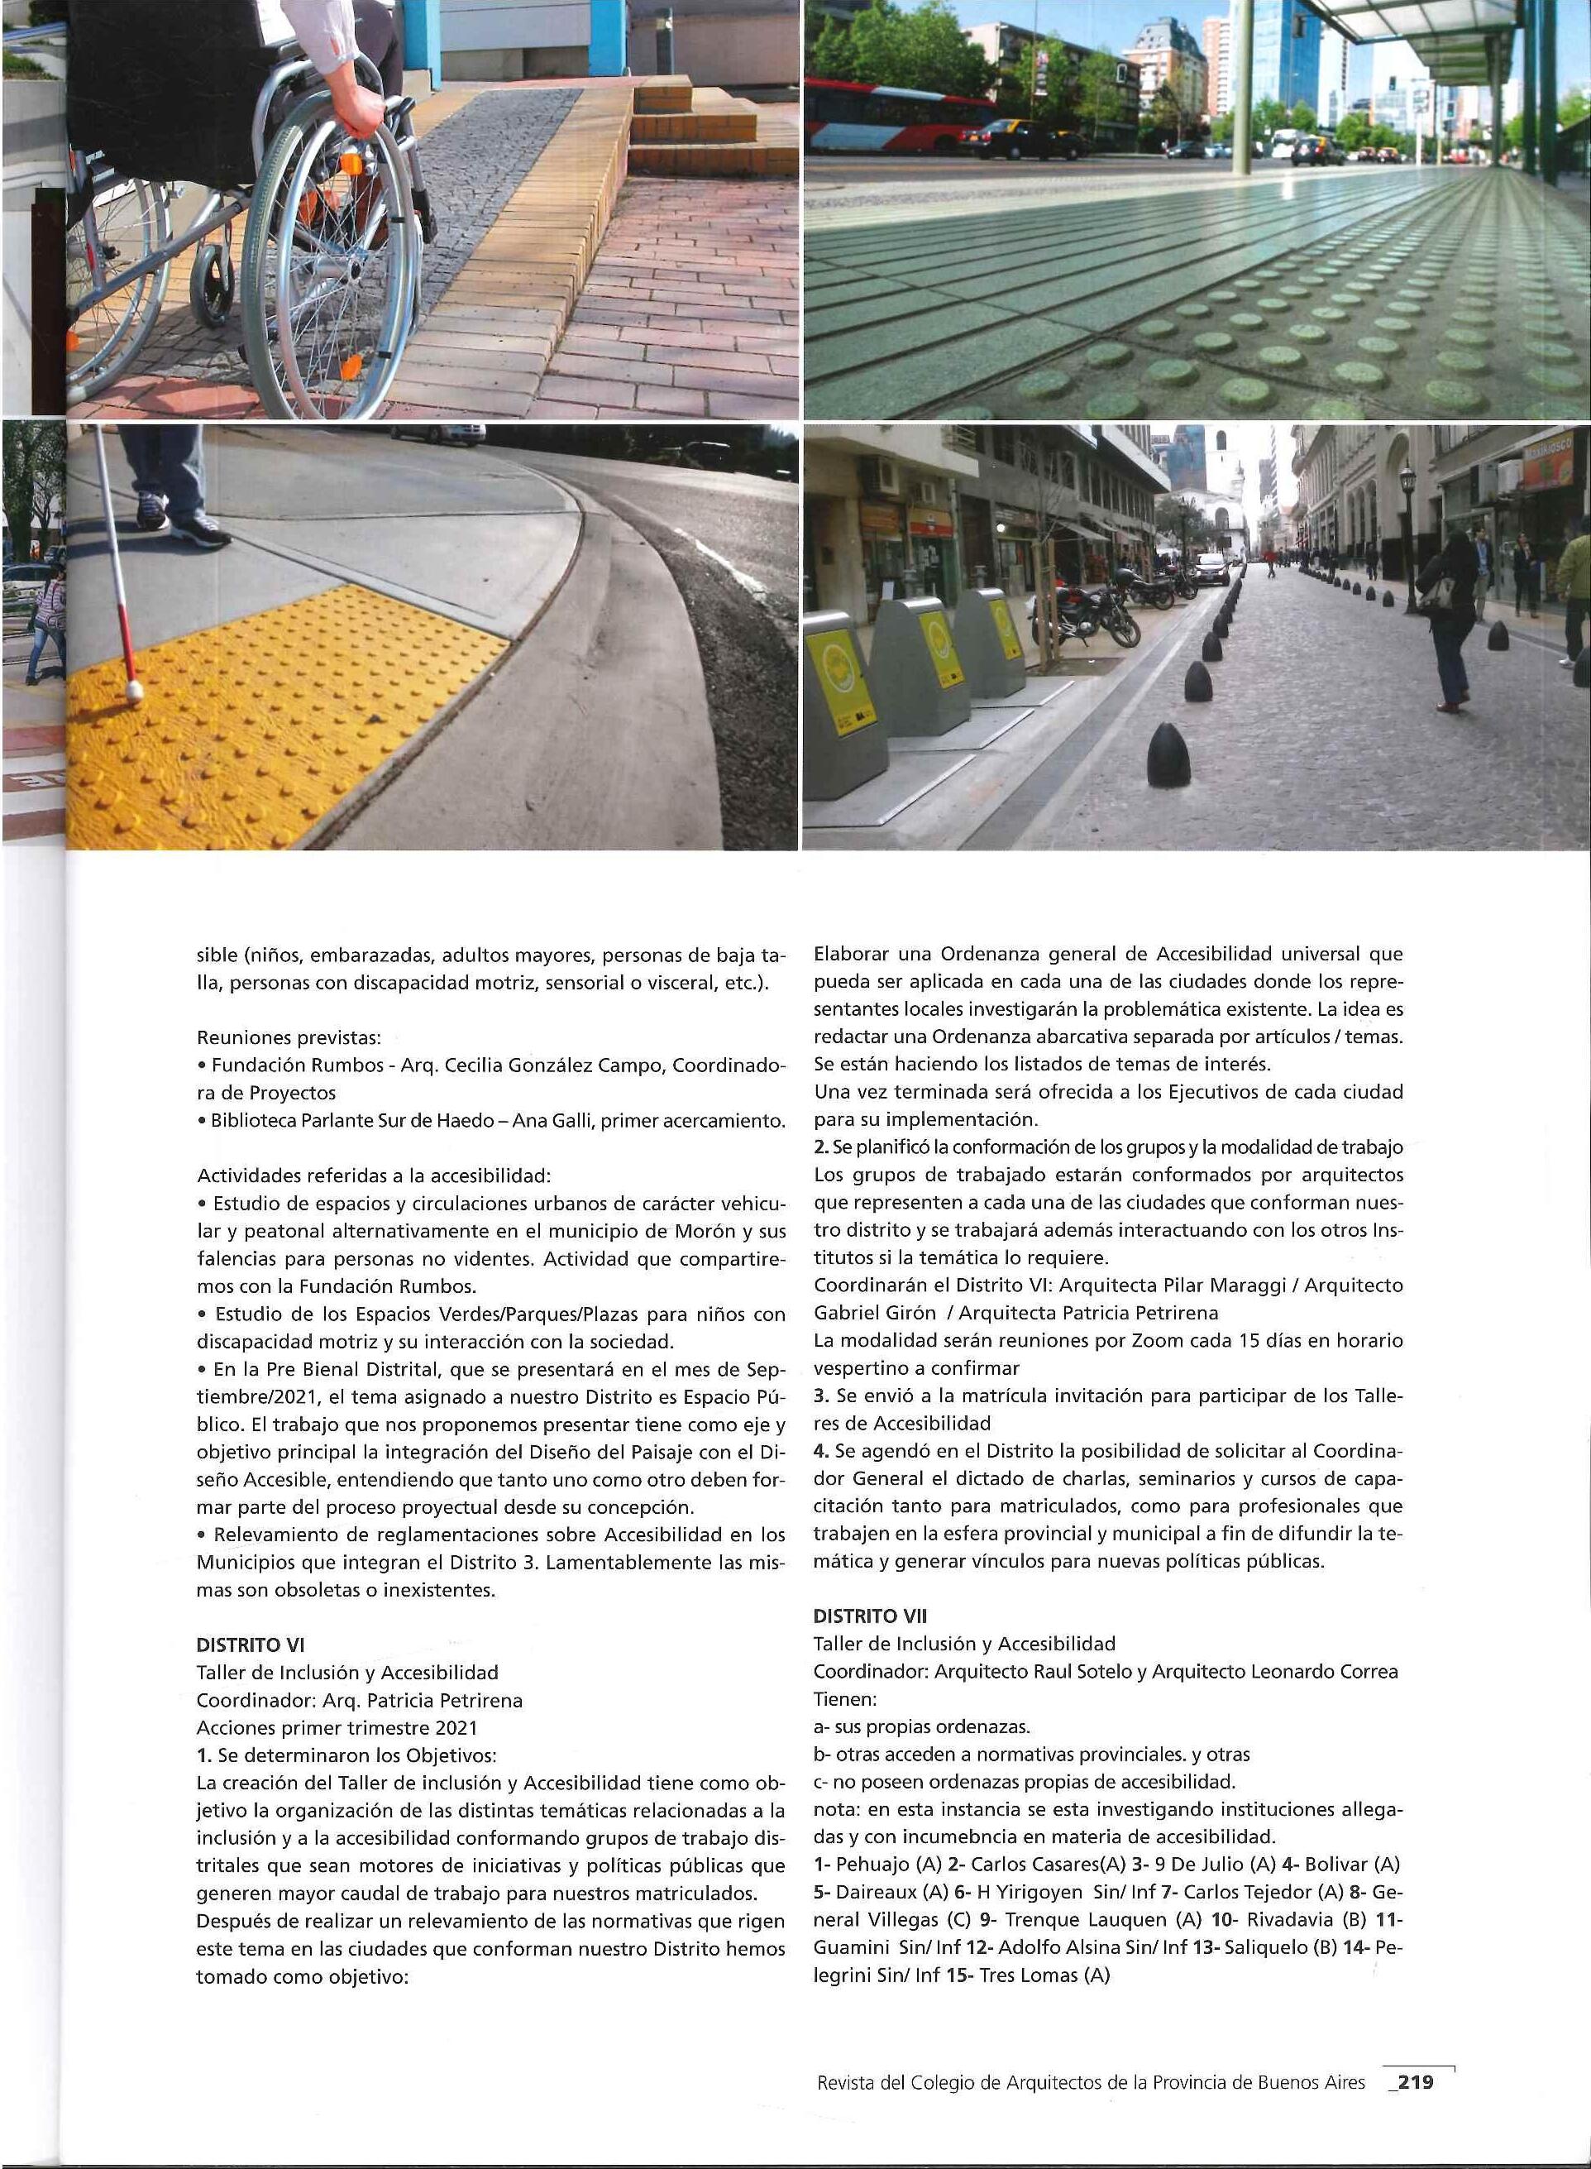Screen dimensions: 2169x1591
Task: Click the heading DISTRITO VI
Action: pyautogui.click(x=251, y=1646)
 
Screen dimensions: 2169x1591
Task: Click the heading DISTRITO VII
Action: pyautogui.click(x=870, y=1616)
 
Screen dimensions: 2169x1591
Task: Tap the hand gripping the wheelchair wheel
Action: pyautogui.click(x=362, y=115)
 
